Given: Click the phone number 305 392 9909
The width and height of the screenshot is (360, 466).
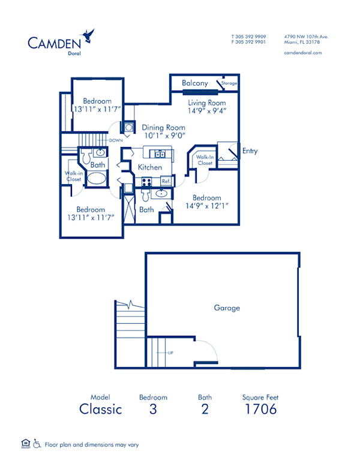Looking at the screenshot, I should [x=251, y=37].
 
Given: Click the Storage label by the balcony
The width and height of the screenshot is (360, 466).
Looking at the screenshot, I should [x=229, y=83].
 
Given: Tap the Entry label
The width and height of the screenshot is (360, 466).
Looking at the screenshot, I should [x=250, y=151].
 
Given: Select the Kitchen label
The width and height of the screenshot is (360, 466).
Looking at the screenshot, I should [x=149, y=167].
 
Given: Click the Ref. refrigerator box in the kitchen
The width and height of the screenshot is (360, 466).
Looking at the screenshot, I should [x=166, y=181].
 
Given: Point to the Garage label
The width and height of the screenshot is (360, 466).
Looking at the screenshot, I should [x=227, y=308].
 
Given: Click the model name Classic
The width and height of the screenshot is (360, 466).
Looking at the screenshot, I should [x=101, y=410].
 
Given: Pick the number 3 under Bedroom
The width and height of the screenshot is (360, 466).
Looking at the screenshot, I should [x=153, y=410].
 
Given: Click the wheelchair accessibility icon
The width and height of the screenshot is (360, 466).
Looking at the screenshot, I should [x=37, y=444].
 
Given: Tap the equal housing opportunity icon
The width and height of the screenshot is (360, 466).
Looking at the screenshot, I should [x=25, y=444].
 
